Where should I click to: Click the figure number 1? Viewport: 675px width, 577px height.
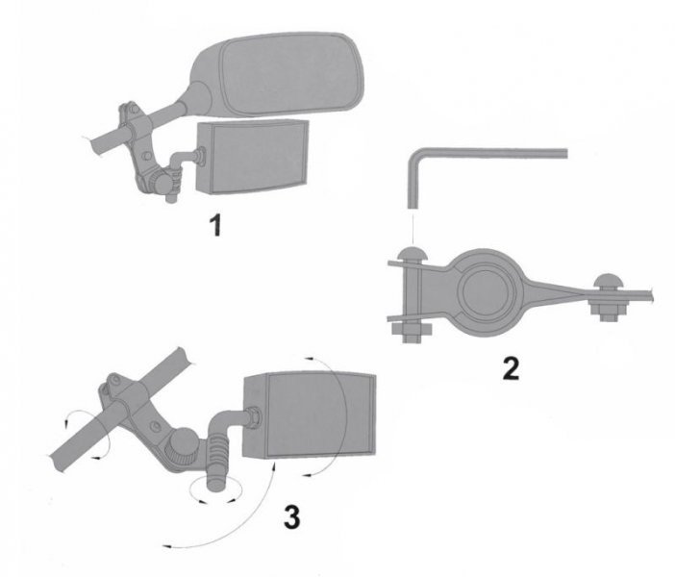(216, 225)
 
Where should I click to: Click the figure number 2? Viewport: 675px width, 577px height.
(511, 368)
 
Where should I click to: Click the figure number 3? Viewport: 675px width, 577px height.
(292, 516)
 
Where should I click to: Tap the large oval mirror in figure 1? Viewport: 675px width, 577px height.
(276, 74)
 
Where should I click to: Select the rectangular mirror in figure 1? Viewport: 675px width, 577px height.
(252, 157)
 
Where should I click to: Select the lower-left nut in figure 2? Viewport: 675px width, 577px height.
(412, 332)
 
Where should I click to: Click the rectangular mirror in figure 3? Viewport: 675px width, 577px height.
(309, 414)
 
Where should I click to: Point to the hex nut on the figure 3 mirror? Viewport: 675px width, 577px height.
(254, 417)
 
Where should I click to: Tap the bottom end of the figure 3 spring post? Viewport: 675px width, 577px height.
(217, 486)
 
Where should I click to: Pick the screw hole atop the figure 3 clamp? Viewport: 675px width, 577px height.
(115, 380)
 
